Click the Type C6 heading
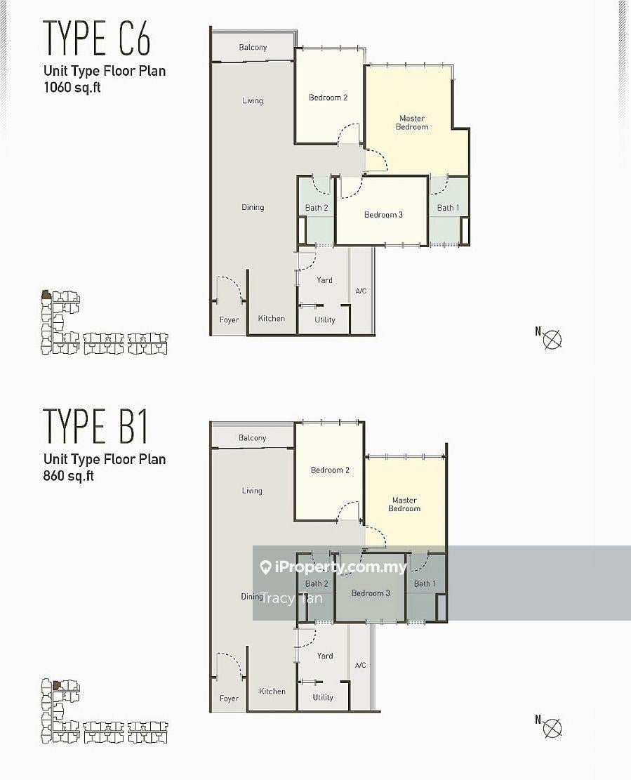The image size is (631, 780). coord(97,38)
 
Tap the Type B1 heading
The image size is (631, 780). coord(95,426)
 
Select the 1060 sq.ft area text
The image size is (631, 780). coord(72,88)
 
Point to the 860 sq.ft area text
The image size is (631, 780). coord(69,476)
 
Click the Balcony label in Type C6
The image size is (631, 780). coord(253,47)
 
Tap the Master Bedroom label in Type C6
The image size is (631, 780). coord(412,122)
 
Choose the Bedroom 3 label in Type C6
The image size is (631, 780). coord(383,214)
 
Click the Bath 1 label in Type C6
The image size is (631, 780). coord(448,207)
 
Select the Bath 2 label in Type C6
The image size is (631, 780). coord(317,207)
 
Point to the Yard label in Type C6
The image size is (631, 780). coord(325,280)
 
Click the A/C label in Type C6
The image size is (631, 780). coord(361,291)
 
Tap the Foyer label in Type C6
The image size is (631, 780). coord(230,320)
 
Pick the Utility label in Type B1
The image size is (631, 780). coord(323,697)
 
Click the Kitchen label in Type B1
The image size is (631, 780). coord(272,691)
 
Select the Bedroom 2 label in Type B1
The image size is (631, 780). coord(330,470)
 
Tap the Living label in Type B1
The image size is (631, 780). coord(252,491)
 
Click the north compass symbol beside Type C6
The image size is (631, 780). coord(552,340)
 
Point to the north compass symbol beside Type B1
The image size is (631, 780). coord(552,728)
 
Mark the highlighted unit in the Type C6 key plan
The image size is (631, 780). coord(46,295)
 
